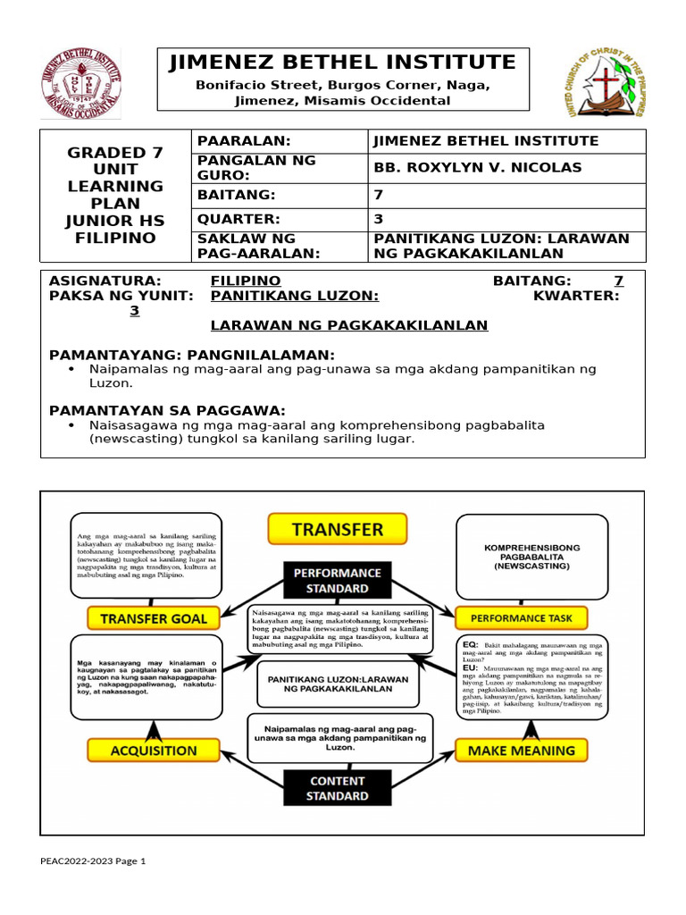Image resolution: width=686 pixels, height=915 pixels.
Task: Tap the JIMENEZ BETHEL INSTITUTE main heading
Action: tap(343, 63)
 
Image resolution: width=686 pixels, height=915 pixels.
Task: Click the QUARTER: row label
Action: tap(238, 219)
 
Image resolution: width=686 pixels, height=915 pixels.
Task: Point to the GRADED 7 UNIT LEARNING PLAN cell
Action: tap(116, 195)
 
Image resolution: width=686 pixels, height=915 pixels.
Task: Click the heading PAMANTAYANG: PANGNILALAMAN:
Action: tap(192, 354)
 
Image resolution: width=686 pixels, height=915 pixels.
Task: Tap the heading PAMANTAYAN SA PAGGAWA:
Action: tap(167, 409)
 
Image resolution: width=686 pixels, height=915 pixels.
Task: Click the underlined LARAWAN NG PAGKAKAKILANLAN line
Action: tap(349, 325)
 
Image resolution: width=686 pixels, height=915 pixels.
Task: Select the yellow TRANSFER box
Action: tap(337, 528)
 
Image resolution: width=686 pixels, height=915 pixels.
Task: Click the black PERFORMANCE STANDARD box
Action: tap(339, 580)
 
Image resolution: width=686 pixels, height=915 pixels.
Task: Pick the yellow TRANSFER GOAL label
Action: tap(154, 617)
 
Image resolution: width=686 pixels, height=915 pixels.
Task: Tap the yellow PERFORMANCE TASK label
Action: tap(521, 617)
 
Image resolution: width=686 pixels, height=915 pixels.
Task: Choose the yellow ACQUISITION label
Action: tap(154, 751)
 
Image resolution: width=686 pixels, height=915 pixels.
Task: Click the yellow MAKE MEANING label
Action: tap(521, 751)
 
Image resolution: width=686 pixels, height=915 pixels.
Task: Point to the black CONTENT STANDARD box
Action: tap(339, 787)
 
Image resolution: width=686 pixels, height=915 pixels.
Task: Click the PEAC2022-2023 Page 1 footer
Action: tap(92, 860)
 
